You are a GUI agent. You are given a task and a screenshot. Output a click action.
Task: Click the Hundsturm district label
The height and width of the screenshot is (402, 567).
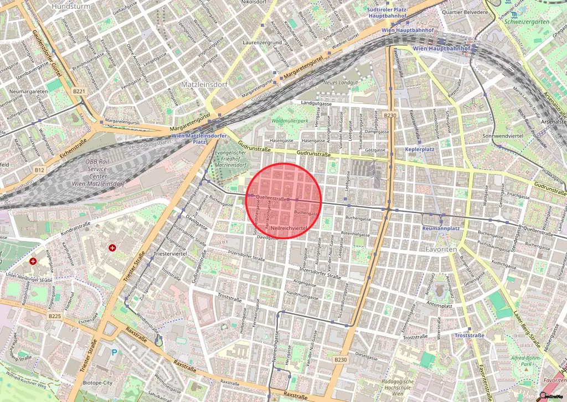point(70,6)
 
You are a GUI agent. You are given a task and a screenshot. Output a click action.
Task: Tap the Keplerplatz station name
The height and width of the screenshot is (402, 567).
point(419,150)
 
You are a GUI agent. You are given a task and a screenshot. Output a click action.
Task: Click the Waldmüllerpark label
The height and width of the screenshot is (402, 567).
point(290,121)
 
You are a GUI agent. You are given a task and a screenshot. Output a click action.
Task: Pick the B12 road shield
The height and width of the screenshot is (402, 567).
point(39,169)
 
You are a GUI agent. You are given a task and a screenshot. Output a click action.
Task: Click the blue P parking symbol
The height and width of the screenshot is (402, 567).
point(115,352)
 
